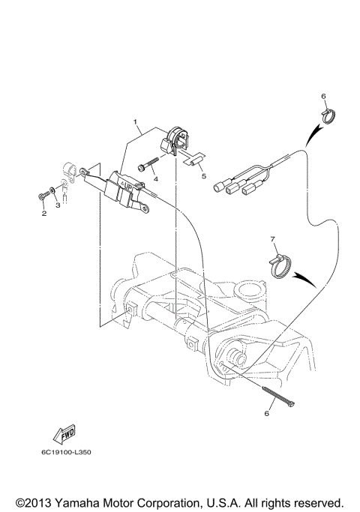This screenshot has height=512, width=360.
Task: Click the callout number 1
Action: click(x=136, y=121)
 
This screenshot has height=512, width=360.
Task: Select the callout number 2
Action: click(x=43, y=214)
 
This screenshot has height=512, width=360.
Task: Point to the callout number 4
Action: click(x=154, y=179)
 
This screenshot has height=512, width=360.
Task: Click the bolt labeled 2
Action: click(x=42, y=197)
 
